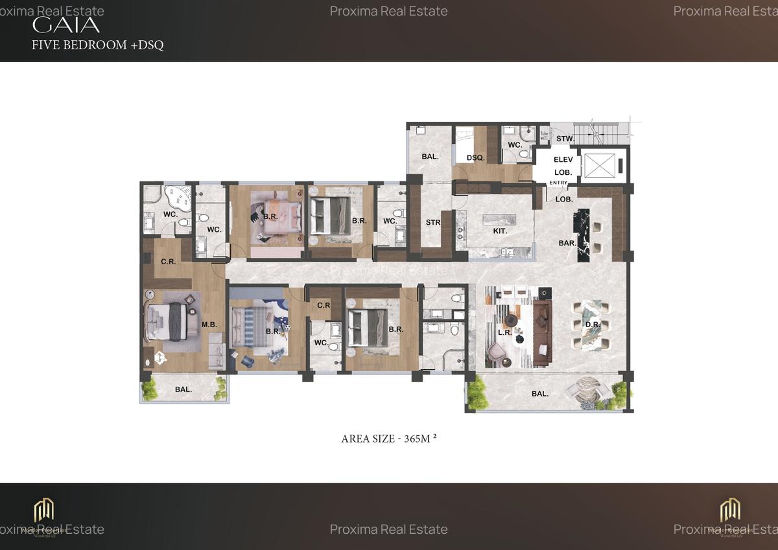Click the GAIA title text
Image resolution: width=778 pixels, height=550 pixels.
(x=66, y=25)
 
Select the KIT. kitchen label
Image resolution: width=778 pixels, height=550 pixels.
(x=500, y=231)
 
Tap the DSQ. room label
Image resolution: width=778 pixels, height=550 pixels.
(x=475, y=157)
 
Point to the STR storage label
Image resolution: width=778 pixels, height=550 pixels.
(x=433, y=223)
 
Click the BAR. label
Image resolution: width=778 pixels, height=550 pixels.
(x=568, y=243)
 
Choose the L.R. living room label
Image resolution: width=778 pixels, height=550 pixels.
(x=506, y=332)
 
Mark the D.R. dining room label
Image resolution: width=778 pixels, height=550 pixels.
(x=592, y=324)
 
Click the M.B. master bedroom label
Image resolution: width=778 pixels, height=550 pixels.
(x=209, y=325)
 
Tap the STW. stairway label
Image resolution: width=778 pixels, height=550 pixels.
(x=565, y=139)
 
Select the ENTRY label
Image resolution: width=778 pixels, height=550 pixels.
(x=558, y=183)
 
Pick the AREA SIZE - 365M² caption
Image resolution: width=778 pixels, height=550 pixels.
(x=389, y=439)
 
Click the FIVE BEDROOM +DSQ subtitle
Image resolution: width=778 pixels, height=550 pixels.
(x=97, y=45)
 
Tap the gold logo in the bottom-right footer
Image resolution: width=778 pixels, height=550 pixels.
(x=730, y=510)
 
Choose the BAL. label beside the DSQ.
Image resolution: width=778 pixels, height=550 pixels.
(x=430, y=157)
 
